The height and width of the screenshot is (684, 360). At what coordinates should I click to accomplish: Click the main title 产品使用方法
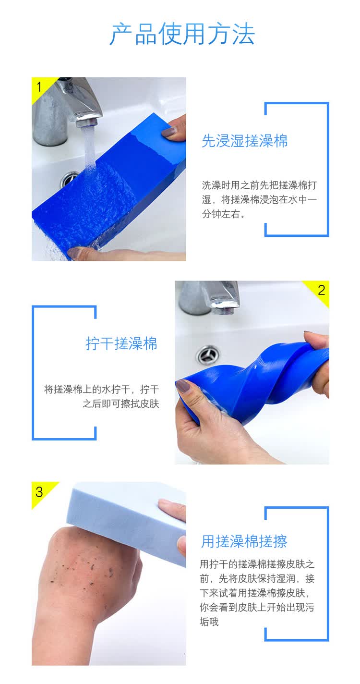pyautogui.click(x=182, y=34)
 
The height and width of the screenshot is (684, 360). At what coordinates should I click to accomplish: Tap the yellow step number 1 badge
pyautogui.click(x=41, y=87)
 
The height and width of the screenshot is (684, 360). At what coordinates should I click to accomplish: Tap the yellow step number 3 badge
pyautogui.click(x=41, y=492)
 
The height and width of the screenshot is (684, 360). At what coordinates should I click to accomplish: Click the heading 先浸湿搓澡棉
pyautogui.click(x=244, y=141)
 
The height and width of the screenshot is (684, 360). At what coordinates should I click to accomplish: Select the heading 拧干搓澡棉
pyautogui.click(x=121, y=343)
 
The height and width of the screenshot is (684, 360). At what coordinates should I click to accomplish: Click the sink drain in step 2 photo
pyautogui.click(x=208, y=355)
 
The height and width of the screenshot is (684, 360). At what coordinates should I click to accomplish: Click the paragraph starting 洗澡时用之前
pyautogui.click(x=259, y=199)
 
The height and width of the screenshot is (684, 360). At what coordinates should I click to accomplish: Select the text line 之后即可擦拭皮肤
pyautogui.click(x=121, y=403)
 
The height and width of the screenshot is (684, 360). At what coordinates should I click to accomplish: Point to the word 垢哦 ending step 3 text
pyautogui.click(x=209, y=622)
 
